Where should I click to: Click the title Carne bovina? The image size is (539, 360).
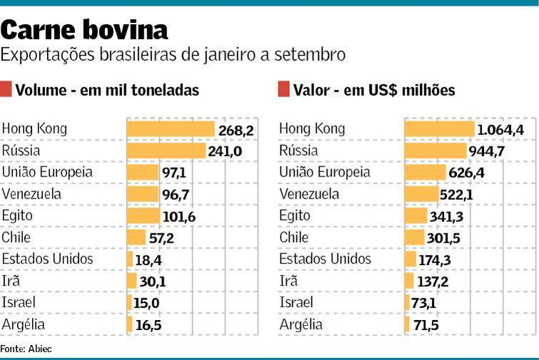point(84,30)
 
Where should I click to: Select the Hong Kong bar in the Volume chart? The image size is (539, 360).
point(171,129)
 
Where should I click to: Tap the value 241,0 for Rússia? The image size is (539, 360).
point(225,151)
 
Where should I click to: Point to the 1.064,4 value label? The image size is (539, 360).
point(500,129)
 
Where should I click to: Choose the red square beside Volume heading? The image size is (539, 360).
point(6,89)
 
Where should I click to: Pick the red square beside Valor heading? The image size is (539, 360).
point(283,89)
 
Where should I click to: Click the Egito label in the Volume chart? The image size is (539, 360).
point(17,216)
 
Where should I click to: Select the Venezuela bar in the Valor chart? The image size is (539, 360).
point(421,194)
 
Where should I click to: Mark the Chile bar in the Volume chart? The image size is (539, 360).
point(136,237)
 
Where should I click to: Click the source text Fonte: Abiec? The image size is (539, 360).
point(26,349)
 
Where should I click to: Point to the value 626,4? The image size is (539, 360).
point(468,173)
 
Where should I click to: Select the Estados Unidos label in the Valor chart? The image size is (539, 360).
point(325,259)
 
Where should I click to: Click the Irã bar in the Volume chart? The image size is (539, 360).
point(132,281)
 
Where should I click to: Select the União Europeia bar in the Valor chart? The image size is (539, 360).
point(425,172)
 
